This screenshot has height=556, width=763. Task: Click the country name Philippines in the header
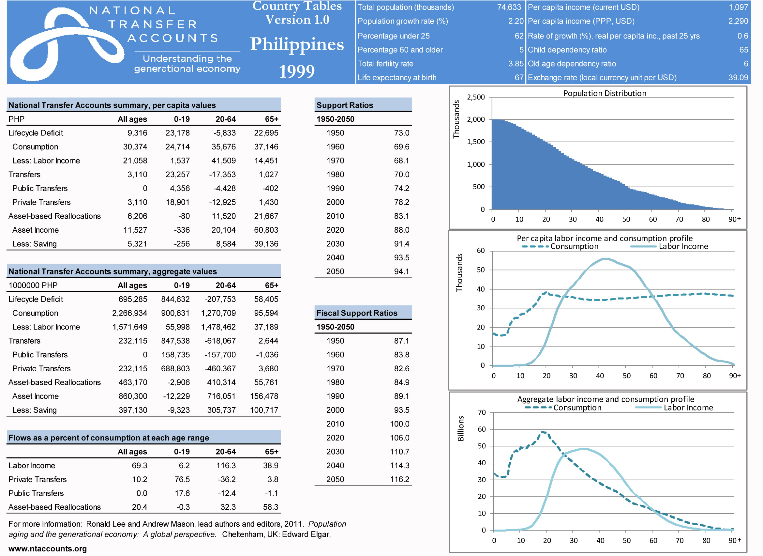[297, 44]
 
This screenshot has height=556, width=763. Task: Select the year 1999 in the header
[297, 71]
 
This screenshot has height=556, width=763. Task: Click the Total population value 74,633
[509, 8]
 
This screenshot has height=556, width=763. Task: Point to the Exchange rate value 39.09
[738, 78]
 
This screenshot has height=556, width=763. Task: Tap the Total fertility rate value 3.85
[516, 64]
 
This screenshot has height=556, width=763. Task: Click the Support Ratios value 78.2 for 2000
[401, 202]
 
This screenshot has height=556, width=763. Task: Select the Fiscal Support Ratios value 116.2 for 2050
[399, 479]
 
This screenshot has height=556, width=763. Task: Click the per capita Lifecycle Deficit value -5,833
[224, 133]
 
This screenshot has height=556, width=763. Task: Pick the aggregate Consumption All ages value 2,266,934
[129, 313]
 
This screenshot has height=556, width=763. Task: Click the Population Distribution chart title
[605, 93]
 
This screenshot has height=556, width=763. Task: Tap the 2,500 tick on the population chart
[476, 97]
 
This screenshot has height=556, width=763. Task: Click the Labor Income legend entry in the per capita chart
[683, 246]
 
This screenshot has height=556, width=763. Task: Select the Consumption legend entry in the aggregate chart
[577, 408]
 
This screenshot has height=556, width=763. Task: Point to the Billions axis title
[460, 428]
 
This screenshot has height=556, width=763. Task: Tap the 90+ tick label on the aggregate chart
[734, 541]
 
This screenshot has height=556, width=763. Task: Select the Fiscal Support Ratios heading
[357, 313]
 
